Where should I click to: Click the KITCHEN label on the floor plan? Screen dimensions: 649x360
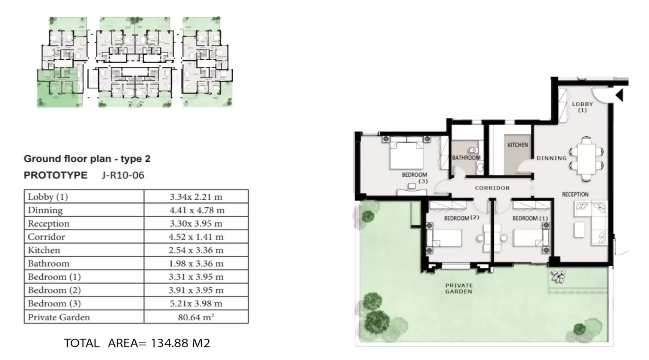[x=518, y=145]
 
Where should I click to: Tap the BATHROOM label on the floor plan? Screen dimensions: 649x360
[x=466, y=158]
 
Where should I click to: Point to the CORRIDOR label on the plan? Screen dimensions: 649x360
[x=492, y=188]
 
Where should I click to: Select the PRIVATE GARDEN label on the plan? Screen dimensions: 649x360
[x=459, y=288]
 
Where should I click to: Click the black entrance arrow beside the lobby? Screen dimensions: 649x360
[x=619, y=95]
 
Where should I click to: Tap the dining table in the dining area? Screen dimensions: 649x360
[x=586, y=159]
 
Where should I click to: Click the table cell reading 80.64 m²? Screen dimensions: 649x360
[x=196, y=317]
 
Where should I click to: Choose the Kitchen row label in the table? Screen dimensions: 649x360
[x=44, y=250]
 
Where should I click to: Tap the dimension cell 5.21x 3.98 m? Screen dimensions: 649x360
[x=196, y=303]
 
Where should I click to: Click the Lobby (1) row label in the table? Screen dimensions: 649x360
[x=48, y=197]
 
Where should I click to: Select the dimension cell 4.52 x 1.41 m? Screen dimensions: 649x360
[x=196, y=237]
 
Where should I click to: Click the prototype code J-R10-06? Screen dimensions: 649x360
[x=123, y=175]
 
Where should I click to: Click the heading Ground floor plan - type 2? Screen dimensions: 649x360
[x=87, y=159]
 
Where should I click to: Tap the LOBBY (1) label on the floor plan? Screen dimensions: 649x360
[x=582, y=107]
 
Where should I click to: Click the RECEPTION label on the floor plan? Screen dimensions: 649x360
[x=575, y=194]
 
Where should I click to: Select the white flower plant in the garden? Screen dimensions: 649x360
[x=558, y=276]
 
